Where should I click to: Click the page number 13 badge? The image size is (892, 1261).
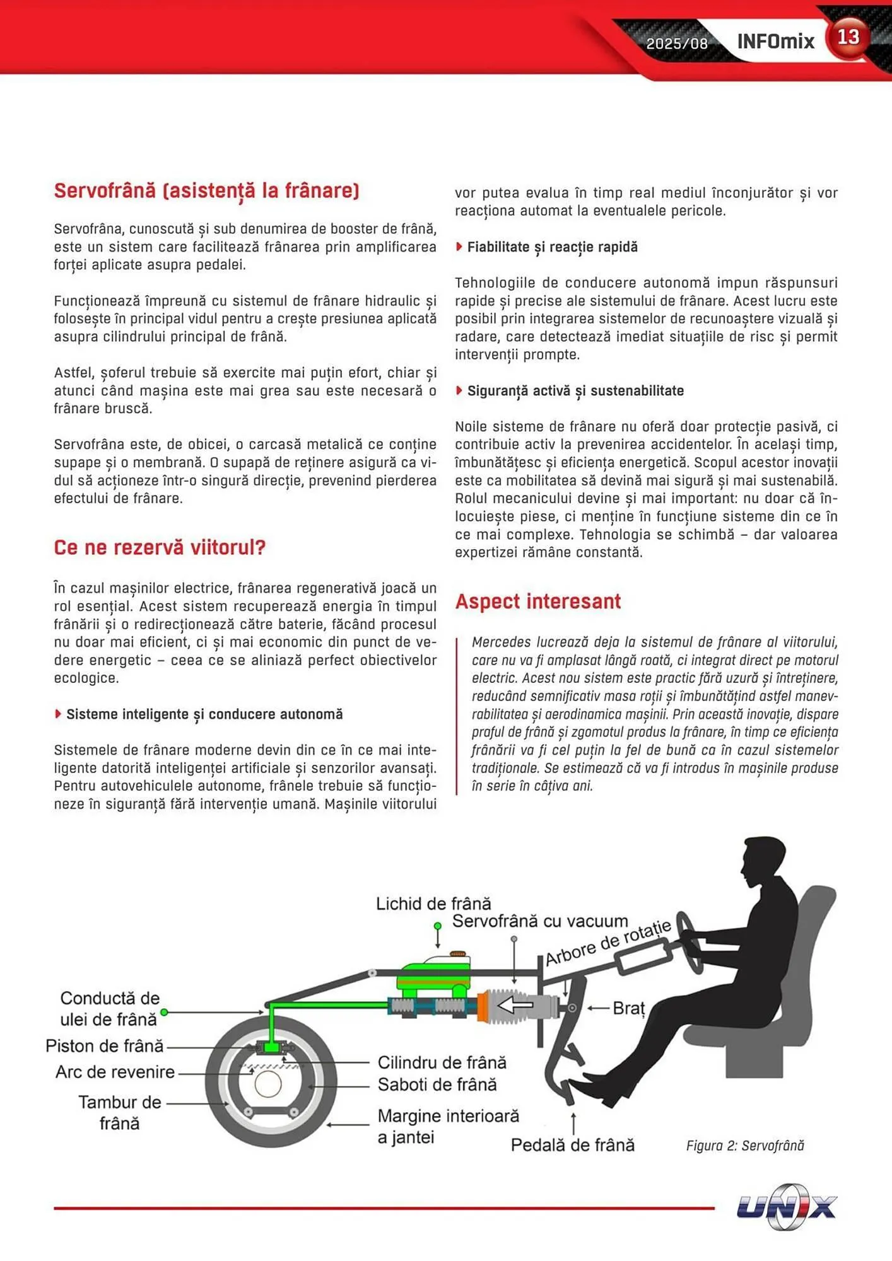848,37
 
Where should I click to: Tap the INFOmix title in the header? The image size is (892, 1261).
775,42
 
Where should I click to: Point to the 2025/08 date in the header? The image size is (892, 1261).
677,44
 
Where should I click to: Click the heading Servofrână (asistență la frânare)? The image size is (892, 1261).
206,190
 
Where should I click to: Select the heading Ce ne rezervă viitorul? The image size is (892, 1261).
160,547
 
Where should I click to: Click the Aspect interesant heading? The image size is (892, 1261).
537,601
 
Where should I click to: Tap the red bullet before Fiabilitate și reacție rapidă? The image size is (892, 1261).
459,247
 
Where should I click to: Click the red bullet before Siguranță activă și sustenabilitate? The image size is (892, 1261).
459,390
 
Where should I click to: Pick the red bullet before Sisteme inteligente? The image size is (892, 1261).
58,714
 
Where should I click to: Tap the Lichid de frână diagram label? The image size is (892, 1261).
433,904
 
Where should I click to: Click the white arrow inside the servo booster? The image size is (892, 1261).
515,1004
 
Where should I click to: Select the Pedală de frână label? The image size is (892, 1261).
572,1145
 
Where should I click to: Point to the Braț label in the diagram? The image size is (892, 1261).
628,1008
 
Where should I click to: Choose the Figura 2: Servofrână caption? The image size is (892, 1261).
744,1146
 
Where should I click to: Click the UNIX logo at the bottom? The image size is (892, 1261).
786,1207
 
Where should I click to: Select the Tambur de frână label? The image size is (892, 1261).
119,1113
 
